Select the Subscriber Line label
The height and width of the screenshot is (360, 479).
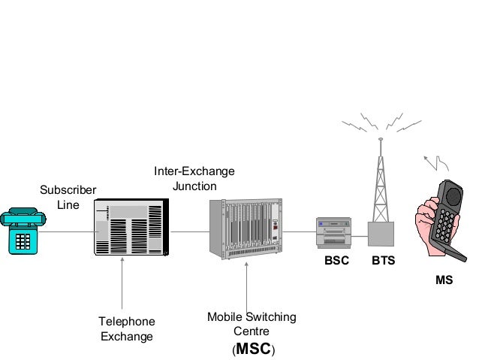pos(68,197)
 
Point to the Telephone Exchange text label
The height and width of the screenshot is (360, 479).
pos(127,328)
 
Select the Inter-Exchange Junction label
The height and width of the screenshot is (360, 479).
pos(194,179)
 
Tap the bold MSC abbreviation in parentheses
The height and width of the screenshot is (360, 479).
pos(252,349)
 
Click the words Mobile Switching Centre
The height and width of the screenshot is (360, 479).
pos(252,324)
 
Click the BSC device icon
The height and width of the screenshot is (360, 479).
pos(334,232)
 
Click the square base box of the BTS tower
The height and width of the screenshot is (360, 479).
pos(381,234)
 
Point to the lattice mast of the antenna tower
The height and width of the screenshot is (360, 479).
pos(381,184)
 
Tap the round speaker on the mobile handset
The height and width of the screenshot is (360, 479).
pos(452,195)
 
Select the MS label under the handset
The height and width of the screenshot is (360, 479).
pos(444,280)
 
